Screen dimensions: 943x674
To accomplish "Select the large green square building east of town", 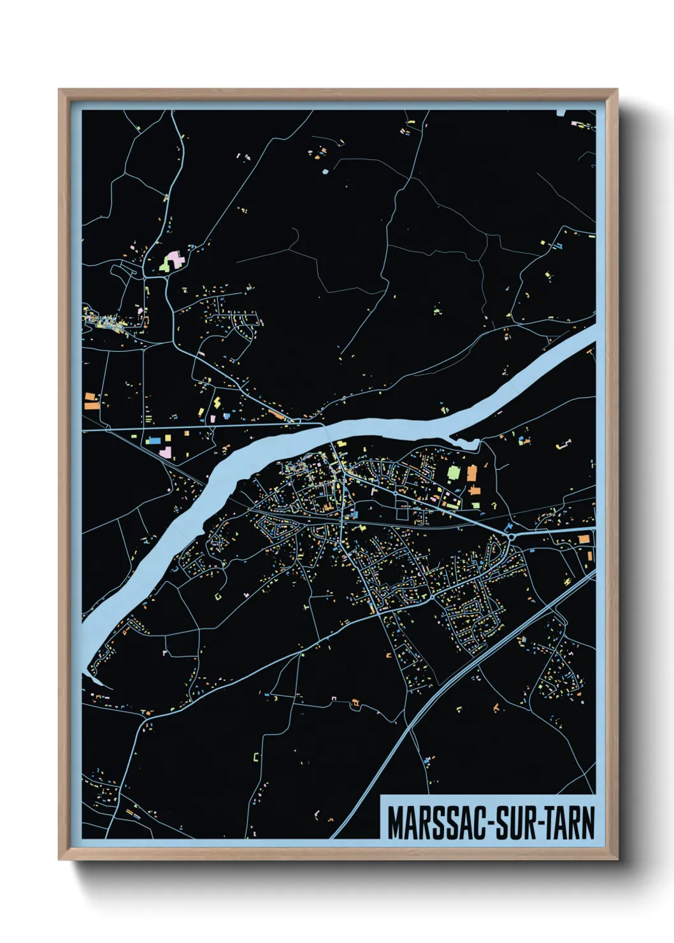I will (x=454, y=472).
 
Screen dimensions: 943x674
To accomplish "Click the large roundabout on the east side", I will (x=512, y=536).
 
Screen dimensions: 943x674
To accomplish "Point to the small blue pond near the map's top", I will (x=325, y=171).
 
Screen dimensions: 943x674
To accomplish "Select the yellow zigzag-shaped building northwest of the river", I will (x=217, y=403).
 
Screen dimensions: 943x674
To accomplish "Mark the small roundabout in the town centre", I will (x=396, y=493).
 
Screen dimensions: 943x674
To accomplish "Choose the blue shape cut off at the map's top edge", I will (x=561, y=113).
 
